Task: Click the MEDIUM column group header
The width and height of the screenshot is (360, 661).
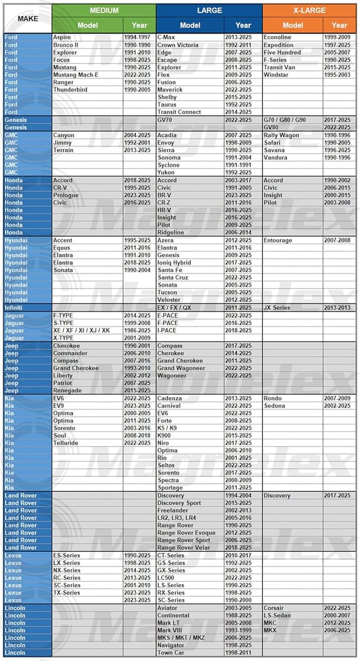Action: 104,10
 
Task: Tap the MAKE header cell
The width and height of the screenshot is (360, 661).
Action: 28,19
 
